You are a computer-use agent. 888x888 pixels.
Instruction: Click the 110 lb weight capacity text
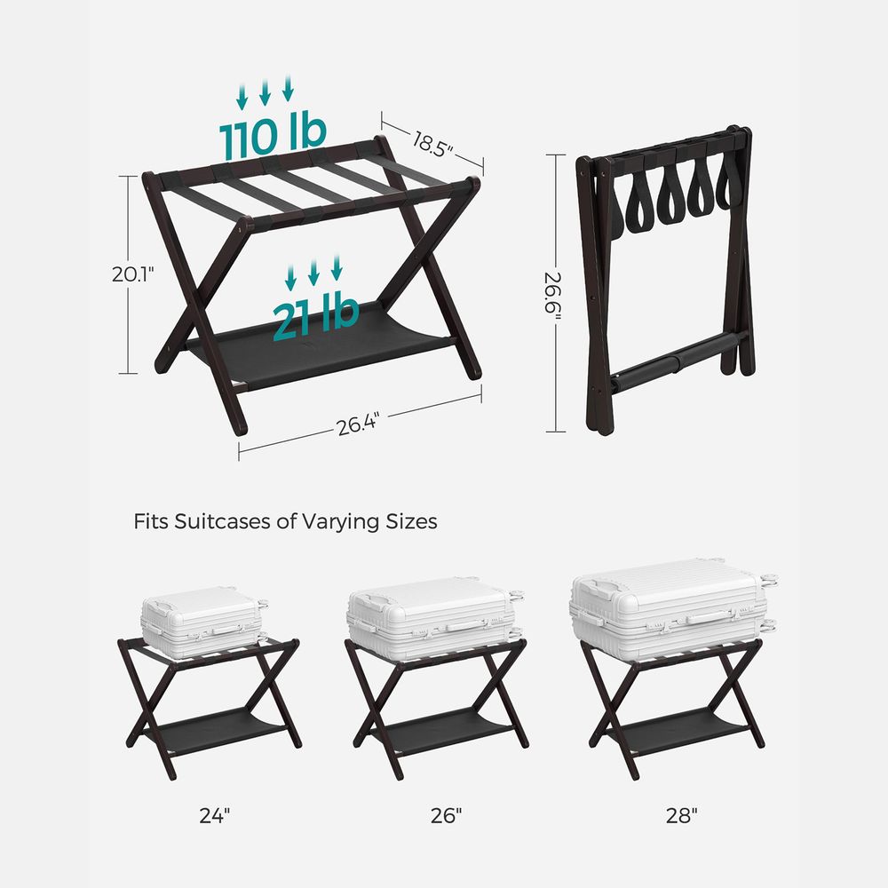[x=273, y=135]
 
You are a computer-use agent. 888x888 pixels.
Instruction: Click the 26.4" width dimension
[x=358, y=424]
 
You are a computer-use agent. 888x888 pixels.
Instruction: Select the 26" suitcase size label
[x=447, y=815]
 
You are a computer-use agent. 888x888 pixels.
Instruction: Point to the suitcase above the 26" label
[x=430, y=619]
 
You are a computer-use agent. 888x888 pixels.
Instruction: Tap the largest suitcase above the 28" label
[x=668, y=608]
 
